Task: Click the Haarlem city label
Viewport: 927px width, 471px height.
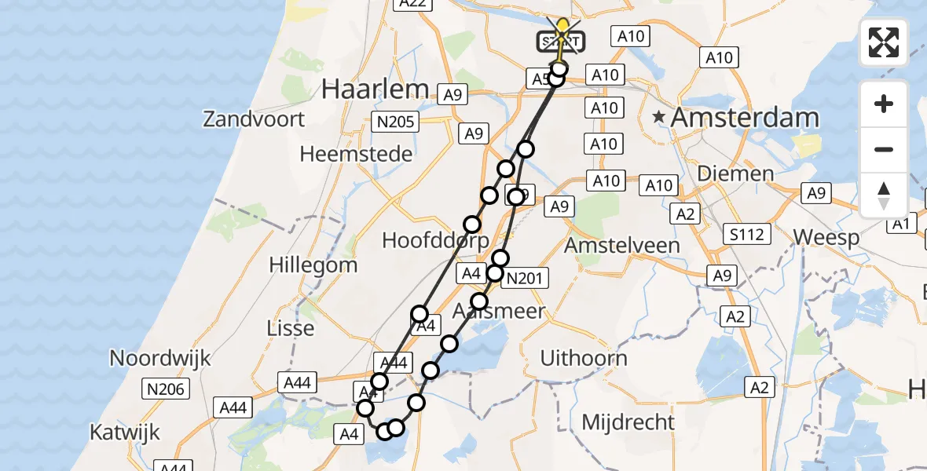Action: click(x=375, y=89)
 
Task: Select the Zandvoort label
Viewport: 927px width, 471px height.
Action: click(x=254, y=119)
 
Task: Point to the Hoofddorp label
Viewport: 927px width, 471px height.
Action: click(x=435, y=240)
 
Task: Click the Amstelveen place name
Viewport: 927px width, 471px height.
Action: click(x=622, y=245)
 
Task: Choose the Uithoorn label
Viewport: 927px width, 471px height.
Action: click(x=584, y=359)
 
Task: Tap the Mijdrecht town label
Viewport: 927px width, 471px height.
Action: click(x=628, y=422)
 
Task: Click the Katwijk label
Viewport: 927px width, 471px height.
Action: click(x=126, y=432)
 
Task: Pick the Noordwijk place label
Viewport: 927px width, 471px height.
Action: click(x=160, y=359)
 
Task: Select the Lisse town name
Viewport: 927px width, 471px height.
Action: click(x=291, y=328)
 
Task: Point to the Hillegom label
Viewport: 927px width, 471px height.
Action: click(x=313, y=265)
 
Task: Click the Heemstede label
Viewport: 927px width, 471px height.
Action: click(x=356, y=154)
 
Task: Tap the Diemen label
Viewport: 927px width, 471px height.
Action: click(x=735, y=173)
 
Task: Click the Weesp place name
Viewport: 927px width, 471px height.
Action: click(x=826, y=237)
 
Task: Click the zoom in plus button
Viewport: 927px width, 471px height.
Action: click(x=884, y=104)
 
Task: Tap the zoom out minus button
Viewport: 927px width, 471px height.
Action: click(x=884, y=149)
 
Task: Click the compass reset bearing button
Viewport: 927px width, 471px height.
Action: click(x=884, y=195)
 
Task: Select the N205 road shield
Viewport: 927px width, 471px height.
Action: click(x=395, y=122)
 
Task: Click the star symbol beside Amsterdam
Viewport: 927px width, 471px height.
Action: click(x=659, y=118)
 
